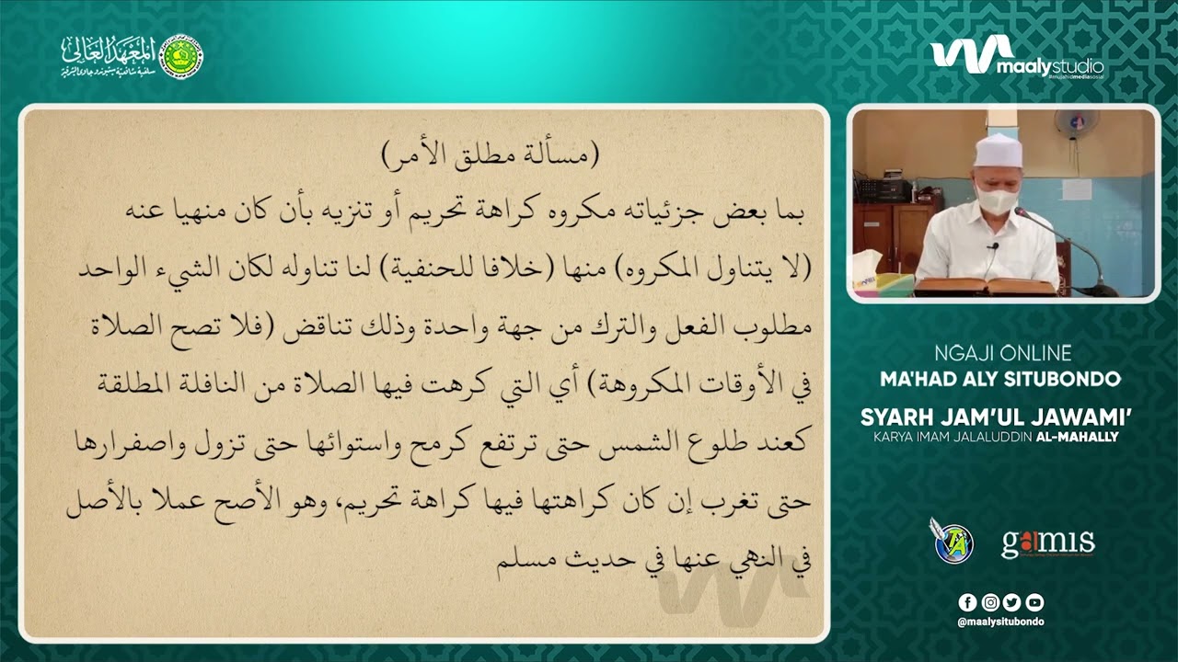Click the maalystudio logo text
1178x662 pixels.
point(1049,66)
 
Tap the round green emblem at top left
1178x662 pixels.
point(181,56)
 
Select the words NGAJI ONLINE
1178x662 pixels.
point(1001,353)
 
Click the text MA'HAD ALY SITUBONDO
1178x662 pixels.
point(1000,379)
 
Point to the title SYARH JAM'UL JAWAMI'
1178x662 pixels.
point(996,417)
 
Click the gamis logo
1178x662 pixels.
point(1047,542)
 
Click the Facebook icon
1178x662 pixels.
point(967,602)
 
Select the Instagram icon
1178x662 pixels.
point(990,602)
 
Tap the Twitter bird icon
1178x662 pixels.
point(1012,602)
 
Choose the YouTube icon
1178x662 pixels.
point(1034,602)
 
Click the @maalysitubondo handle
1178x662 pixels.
point(1000,622)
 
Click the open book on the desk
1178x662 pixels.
point(986,285)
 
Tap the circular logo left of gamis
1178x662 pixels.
point(953,542)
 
